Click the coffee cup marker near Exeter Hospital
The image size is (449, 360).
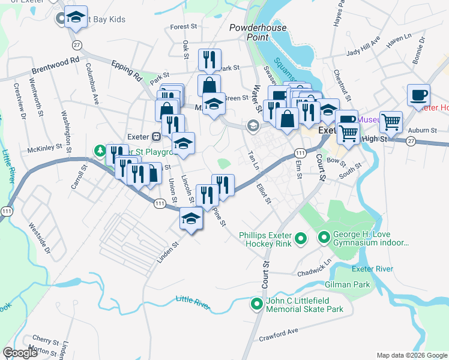[x=418, y=95]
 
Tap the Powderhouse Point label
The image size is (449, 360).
[x=258, y=32]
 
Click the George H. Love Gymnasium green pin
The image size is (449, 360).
[x=324, y=239]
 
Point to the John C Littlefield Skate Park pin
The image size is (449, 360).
[x=257, y=305]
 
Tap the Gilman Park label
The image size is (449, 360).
[x=348, y=284]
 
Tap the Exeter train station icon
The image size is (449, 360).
[x=155, y=136]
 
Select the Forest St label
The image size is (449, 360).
[x=183, y=27]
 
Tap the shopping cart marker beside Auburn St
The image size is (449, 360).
[x=391, y=122]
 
